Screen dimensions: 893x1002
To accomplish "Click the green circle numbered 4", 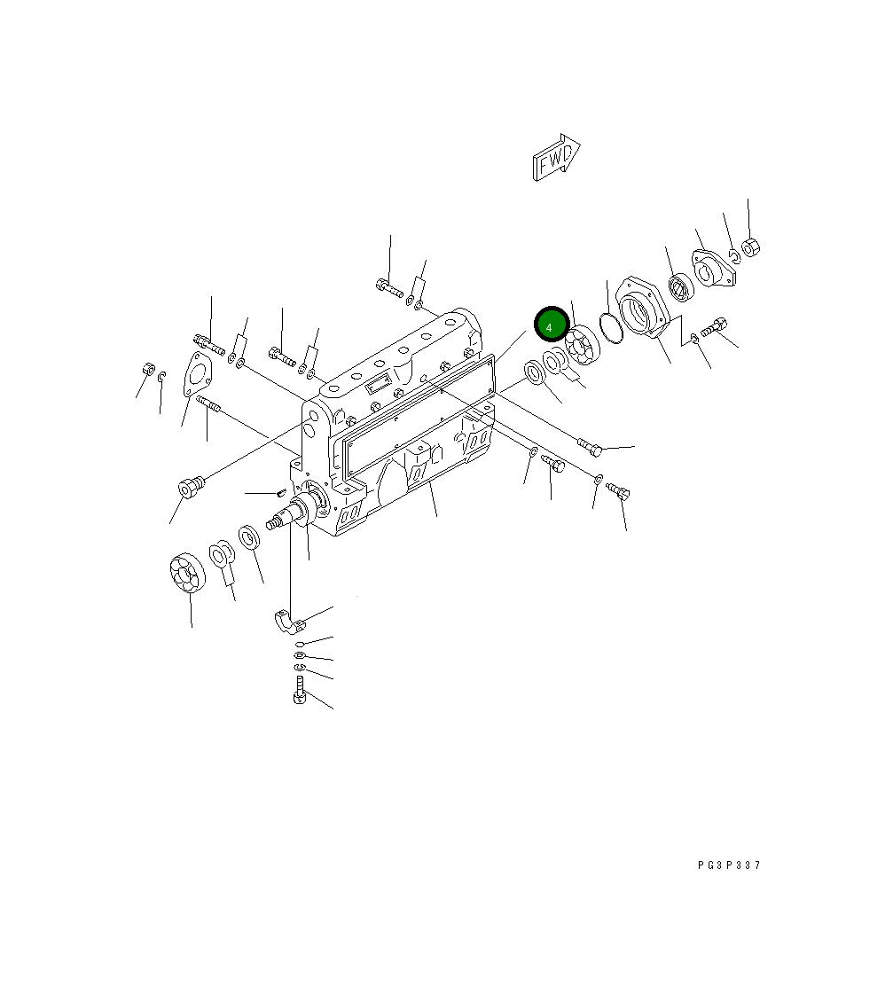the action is (x=551, y=326).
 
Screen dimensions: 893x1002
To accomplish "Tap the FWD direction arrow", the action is (x=556, y=157).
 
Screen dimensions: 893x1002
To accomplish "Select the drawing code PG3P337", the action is (x=729, y=865).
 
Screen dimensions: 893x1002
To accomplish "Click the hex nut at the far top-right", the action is (x=750, y=247).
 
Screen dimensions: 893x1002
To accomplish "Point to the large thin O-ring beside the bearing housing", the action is (x=611, y=327).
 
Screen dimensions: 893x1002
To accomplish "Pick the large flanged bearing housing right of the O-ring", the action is (x=641, y=309).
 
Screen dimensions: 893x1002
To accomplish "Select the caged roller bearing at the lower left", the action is (x=187, y=571).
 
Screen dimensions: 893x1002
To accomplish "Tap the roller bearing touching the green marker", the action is (x=583, y=345).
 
